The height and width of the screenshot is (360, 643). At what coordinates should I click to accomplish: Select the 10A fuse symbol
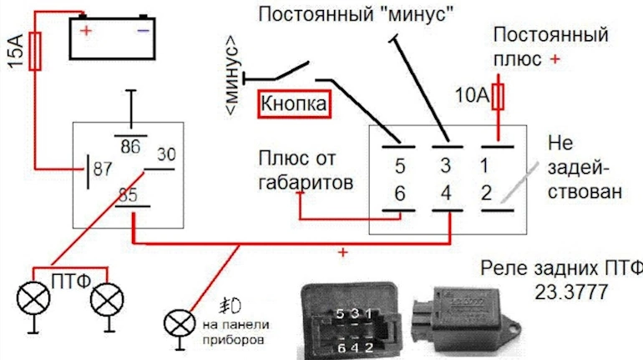pyautogui.click(x=499, y=97)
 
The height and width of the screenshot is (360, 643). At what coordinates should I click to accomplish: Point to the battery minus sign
pyautogui.click(x=143, y=30)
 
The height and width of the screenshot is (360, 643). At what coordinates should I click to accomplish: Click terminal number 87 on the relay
pyautogui.click(x=103, y=170)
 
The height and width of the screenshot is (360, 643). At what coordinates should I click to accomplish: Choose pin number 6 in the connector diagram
pyautogui.click(x=399, y=194)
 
